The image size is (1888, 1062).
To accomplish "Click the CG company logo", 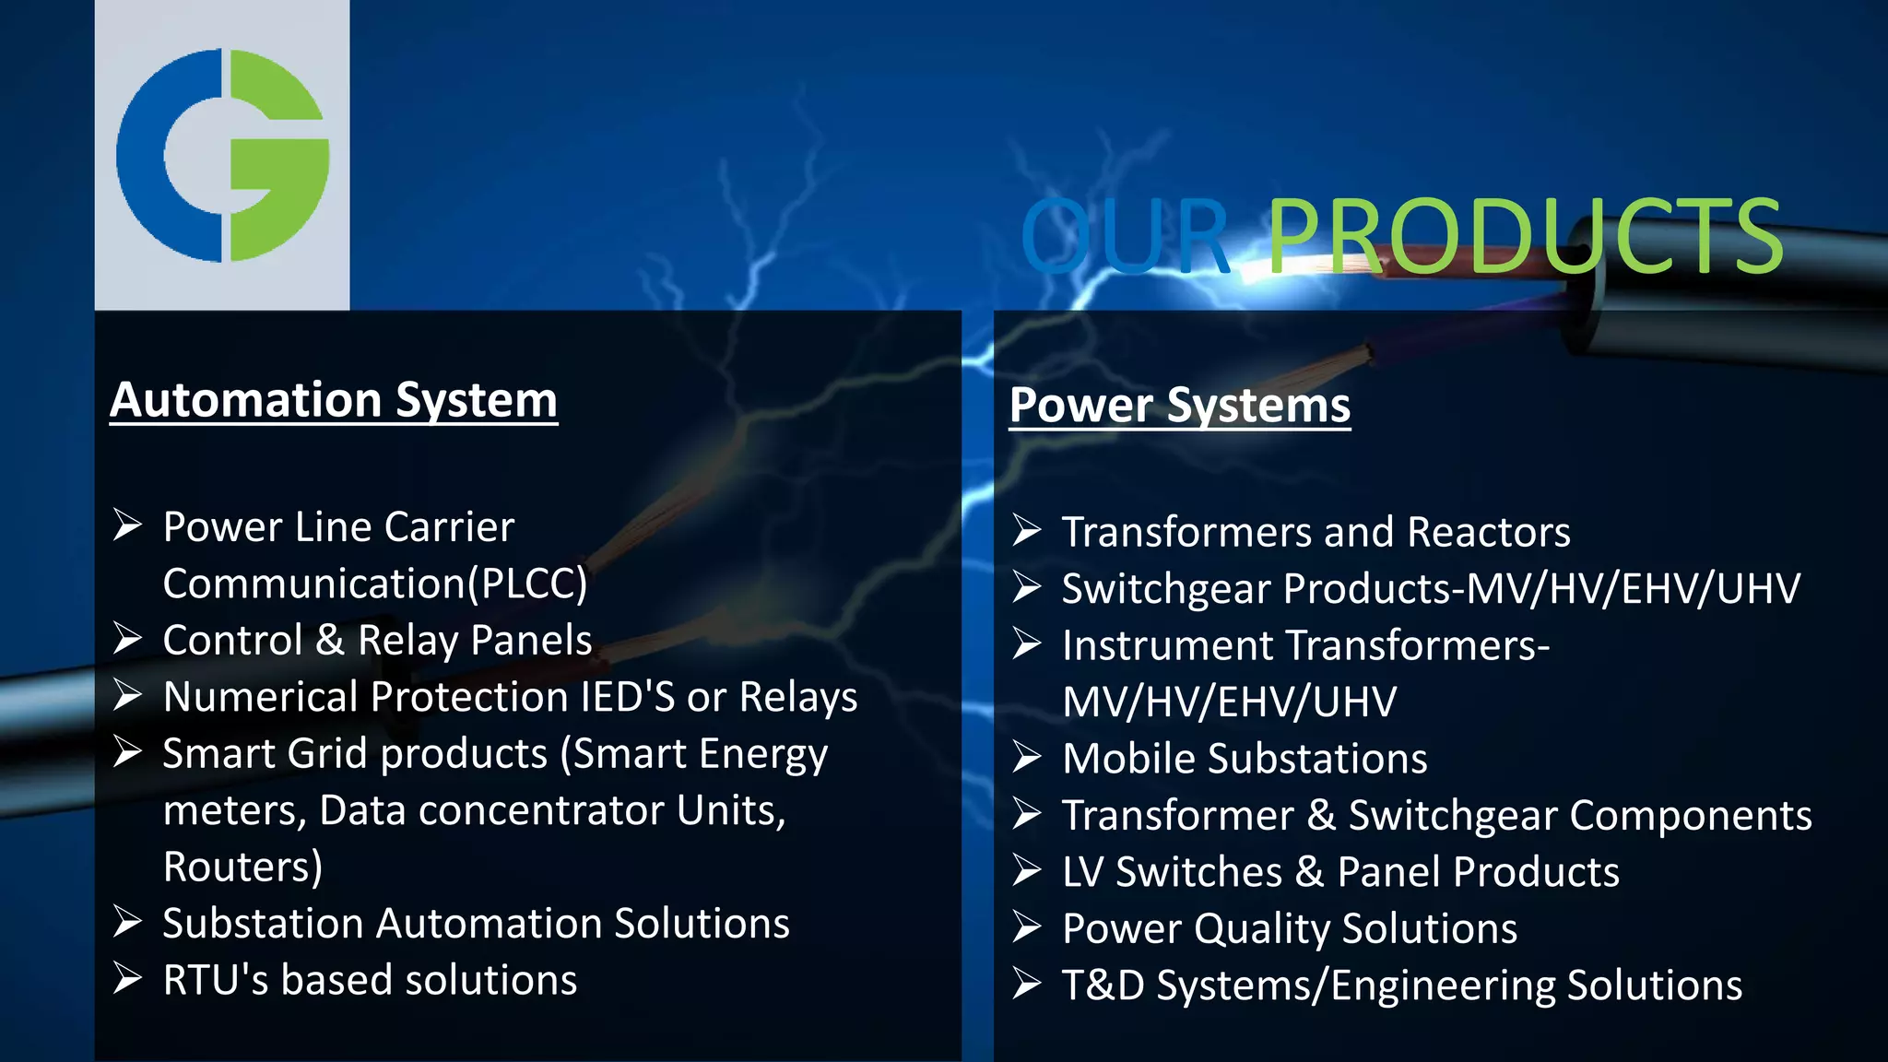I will pos(222,155).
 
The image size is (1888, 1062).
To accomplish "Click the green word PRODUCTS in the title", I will pos(1526,237).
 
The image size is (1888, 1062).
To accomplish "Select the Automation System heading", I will pos(334,401).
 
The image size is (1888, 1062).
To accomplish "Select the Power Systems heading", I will pos(1179,406).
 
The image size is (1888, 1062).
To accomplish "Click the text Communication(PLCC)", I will pos(374,584).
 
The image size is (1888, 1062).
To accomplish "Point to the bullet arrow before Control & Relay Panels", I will pos(127,638).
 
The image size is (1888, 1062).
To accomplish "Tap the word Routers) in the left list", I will pos(242,867).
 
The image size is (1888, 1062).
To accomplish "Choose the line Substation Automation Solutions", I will pos(476,924).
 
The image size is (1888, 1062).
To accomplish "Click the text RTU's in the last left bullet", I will pos(215,980).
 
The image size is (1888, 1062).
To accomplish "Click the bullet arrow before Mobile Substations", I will pos(1026,758).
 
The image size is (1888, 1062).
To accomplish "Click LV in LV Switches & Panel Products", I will pos(1081,872).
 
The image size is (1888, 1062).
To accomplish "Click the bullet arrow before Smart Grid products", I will pos(127,752).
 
